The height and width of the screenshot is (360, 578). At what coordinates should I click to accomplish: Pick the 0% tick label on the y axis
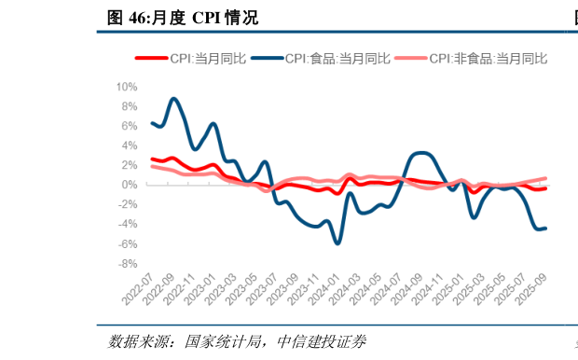pos(129,185)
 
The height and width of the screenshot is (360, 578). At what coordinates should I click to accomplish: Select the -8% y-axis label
pos(127,263)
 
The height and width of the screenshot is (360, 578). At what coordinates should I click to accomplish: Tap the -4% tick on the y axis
pos(127,224)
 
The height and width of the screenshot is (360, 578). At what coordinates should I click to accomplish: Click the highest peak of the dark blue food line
pos(174,99)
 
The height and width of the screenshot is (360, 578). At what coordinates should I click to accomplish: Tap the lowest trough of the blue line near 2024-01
pos(337,242)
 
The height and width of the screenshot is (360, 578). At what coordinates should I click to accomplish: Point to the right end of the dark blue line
pos(545,228)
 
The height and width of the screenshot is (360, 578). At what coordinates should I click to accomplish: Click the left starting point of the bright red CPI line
pos(152,159)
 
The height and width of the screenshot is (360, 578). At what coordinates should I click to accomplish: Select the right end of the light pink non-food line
pos(545,178)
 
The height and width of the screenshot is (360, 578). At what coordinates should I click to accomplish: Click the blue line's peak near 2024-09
pos(420,152)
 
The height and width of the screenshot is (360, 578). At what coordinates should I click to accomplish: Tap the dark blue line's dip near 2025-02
pos(474,217)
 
